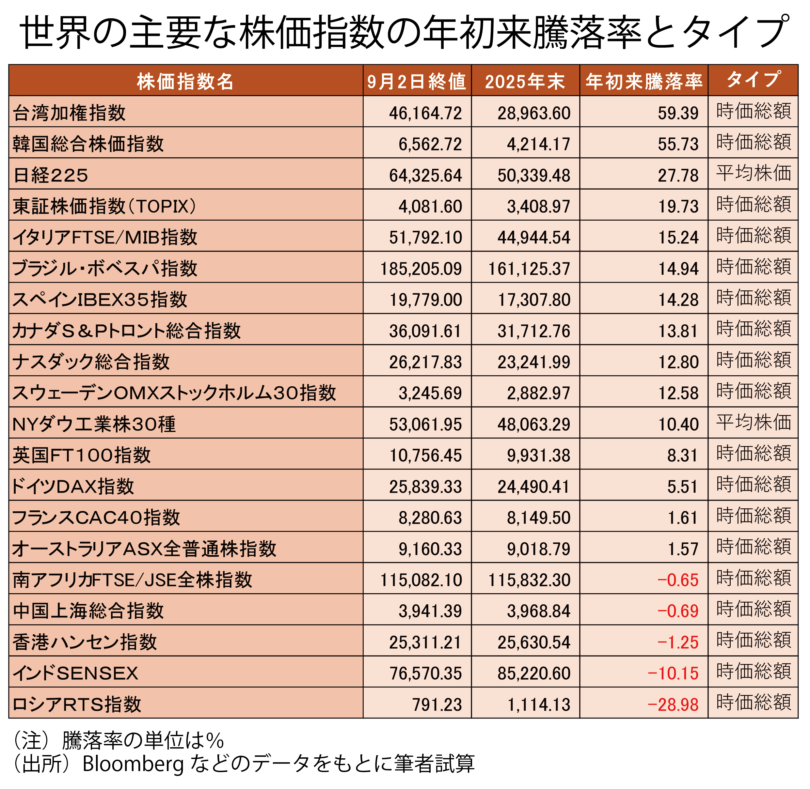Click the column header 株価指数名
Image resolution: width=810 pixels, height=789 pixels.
coord(185,81)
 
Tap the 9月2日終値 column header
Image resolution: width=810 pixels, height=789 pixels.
coord(417,81)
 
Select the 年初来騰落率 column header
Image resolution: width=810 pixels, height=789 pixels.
coord(644,81)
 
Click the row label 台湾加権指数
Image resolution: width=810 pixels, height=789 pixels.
coord(69,113)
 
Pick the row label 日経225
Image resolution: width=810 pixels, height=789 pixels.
coord(51,175)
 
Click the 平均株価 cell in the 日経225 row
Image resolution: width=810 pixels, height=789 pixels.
coord(754,173)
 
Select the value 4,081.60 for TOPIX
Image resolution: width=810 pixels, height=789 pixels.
coord(430,206)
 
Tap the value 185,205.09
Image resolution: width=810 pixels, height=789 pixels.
coord(421,269)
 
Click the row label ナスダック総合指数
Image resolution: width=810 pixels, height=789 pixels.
coord(91,361)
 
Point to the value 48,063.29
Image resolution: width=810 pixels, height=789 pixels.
coord(534,424)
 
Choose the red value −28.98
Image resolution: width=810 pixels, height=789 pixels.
coord(673,704)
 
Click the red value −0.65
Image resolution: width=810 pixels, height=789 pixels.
coord(678,580)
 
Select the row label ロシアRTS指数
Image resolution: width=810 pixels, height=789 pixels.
coord(77,704)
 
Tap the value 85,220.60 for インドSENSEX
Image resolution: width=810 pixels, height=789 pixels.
coord(534,673)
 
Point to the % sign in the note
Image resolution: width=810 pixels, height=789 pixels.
coord(215,740)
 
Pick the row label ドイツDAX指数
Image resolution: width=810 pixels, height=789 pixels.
coord(73,486)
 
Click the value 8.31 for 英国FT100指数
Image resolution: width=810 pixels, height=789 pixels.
coord(683,456)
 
